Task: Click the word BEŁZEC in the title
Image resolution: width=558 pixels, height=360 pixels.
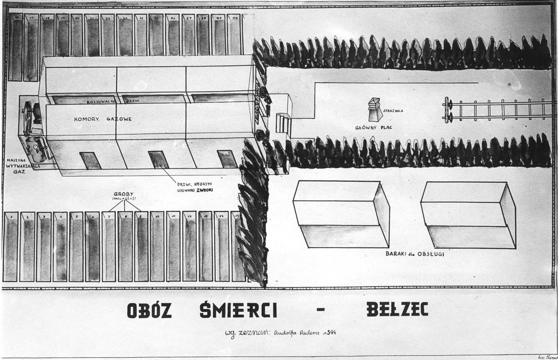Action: (397, 310)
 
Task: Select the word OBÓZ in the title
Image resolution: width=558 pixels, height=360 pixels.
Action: (149, 310)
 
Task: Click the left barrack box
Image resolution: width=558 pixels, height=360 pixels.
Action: (341, 214)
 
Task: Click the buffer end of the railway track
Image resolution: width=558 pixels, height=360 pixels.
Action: (448, 110)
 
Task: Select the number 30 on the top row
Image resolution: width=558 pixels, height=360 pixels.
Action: (236, 18)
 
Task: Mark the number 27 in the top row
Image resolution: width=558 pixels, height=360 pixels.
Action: (189, 18)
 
